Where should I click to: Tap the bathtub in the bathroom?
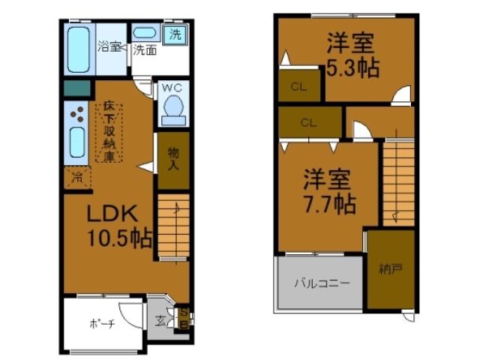tap(78, 48)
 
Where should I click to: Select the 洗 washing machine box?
tap(175, 34)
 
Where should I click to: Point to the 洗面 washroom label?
tap(145, 51)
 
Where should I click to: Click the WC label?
tap(172, 88)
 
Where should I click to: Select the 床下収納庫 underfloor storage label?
tap(109, 133)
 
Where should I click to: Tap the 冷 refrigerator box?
tap(76, 178)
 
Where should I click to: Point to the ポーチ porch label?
tap(102, 324)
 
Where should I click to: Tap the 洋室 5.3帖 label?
tap(351, 55)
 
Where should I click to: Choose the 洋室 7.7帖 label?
tap(328, 191)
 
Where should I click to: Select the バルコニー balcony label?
tap(321, 284)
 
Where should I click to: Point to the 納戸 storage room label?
tap(389, 268)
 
